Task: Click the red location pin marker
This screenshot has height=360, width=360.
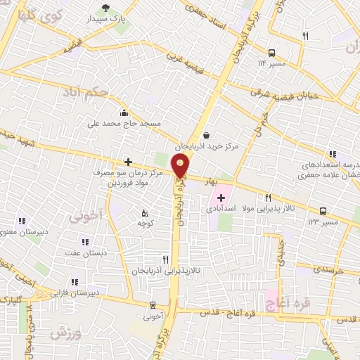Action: pyautogui.click(x=181, y=167)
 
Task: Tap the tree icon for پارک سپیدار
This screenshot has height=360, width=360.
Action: pyautogui.click(x=105, y=8)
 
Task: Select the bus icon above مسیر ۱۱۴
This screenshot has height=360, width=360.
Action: pyautogui.click(x=271, y=52)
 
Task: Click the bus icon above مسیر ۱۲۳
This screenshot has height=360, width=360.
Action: pyautogui.click(x=323, y=211)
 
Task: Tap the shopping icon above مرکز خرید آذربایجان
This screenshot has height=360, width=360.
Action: pyautogui.click(x=205, y=136)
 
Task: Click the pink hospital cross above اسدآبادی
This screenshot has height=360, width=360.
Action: pyautogui.click(x=223, y=198)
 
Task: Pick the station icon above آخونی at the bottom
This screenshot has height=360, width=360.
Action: pyautogui.click(x=153, y=305)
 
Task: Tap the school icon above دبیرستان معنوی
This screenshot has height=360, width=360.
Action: pyautogui.click(x=21, y=221)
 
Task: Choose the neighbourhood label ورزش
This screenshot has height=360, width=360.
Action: pyautogui.click(x=67, y=334)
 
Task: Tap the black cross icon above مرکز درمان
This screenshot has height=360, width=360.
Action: pyautogui.click(x=127, y=162)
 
